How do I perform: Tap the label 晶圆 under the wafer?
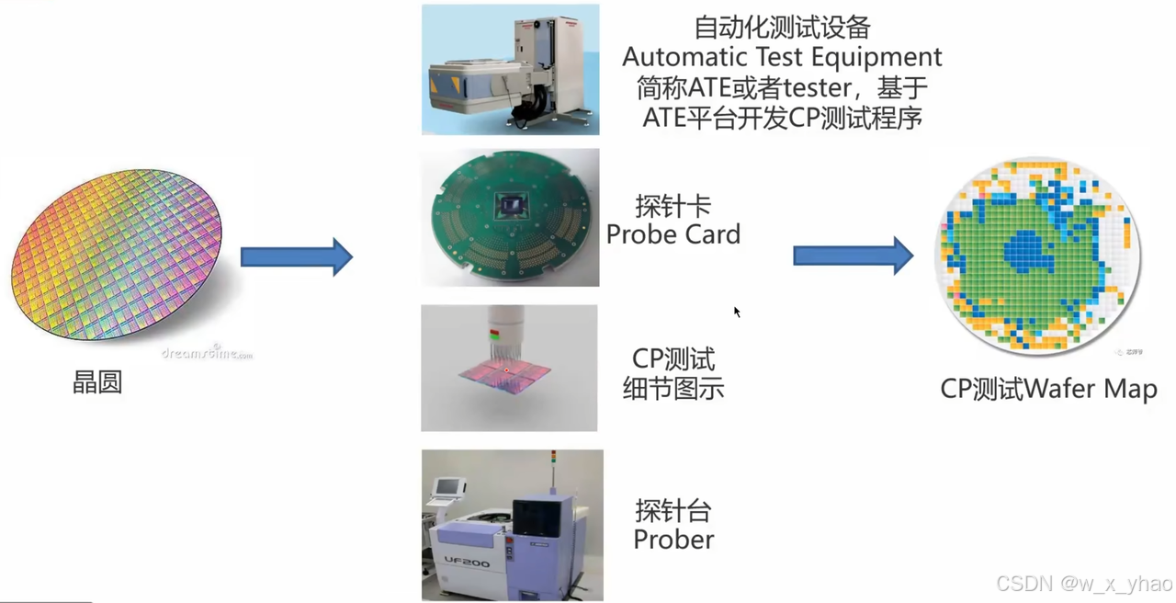(97, 382)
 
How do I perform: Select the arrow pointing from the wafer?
(296, 257)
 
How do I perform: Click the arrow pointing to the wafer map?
(853, 256)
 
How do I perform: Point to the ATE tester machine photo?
(510, 70)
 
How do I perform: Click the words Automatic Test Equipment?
(782, 57)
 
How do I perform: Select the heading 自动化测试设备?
(782, 28)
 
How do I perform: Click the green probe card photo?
(510, 218)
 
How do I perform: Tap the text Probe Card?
(673, 234)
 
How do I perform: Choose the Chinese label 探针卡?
(673, 205)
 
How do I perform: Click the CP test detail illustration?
(509, 368)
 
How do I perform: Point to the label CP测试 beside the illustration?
(673, 358)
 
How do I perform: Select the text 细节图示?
(673, 388)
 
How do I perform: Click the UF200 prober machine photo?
(512, 525)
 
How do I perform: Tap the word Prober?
(673, 540)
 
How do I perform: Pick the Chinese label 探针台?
(673, 510)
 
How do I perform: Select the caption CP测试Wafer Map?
(1048, 389)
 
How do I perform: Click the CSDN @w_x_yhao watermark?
(1083, 584)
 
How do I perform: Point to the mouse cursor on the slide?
(737, 313)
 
